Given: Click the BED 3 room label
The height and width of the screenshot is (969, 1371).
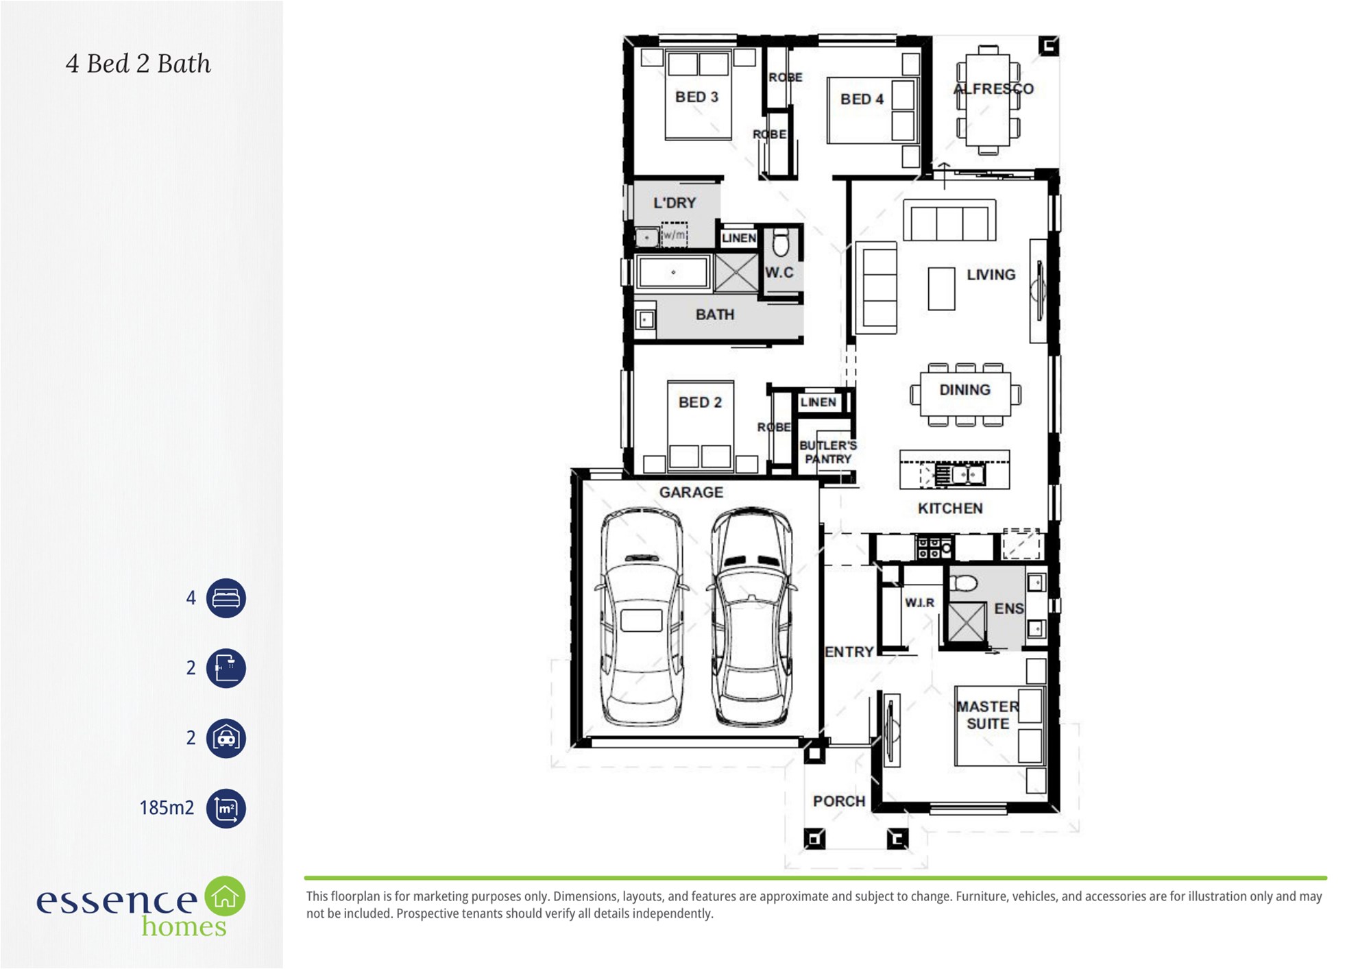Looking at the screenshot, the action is (x=696, y=97).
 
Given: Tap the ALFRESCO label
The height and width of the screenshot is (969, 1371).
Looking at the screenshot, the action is (x=993, y=88).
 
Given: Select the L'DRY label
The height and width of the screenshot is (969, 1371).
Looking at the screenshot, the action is (x=675, y=203).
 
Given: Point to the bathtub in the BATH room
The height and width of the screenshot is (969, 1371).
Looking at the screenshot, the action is (x=672, y=273).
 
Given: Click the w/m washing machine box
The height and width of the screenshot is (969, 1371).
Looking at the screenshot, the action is (x=674, y=234).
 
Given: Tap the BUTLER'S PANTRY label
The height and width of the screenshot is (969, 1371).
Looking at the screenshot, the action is (x=828, y=452).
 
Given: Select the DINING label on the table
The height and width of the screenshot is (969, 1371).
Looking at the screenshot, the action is (x=964, y=390).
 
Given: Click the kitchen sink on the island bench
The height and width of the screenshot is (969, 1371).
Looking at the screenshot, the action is (x=960, y=474).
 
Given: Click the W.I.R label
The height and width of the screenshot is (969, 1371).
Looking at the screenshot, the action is (x=919, y=602).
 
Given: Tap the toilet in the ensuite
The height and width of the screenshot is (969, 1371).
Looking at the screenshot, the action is (x=964, y=583).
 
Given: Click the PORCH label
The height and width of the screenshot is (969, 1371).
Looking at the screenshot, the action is (x=839, y=801).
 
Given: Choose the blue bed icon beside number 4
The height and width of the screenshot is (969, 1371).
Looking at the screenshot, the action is (x=226, y=598).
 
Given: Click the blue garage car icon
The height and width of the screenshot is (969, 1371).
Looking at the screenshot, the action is (x=226, y=738).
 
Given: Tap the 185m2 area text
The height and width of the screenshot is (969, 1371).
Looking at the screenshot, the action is (x=167, y=808).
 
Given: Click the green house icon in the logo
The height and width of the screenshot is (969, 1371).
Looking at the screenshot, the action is (x=225, y=896).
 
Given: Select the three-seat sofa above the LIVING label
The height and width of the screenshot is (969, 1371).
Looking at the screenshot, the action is (x=949, y=220).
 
